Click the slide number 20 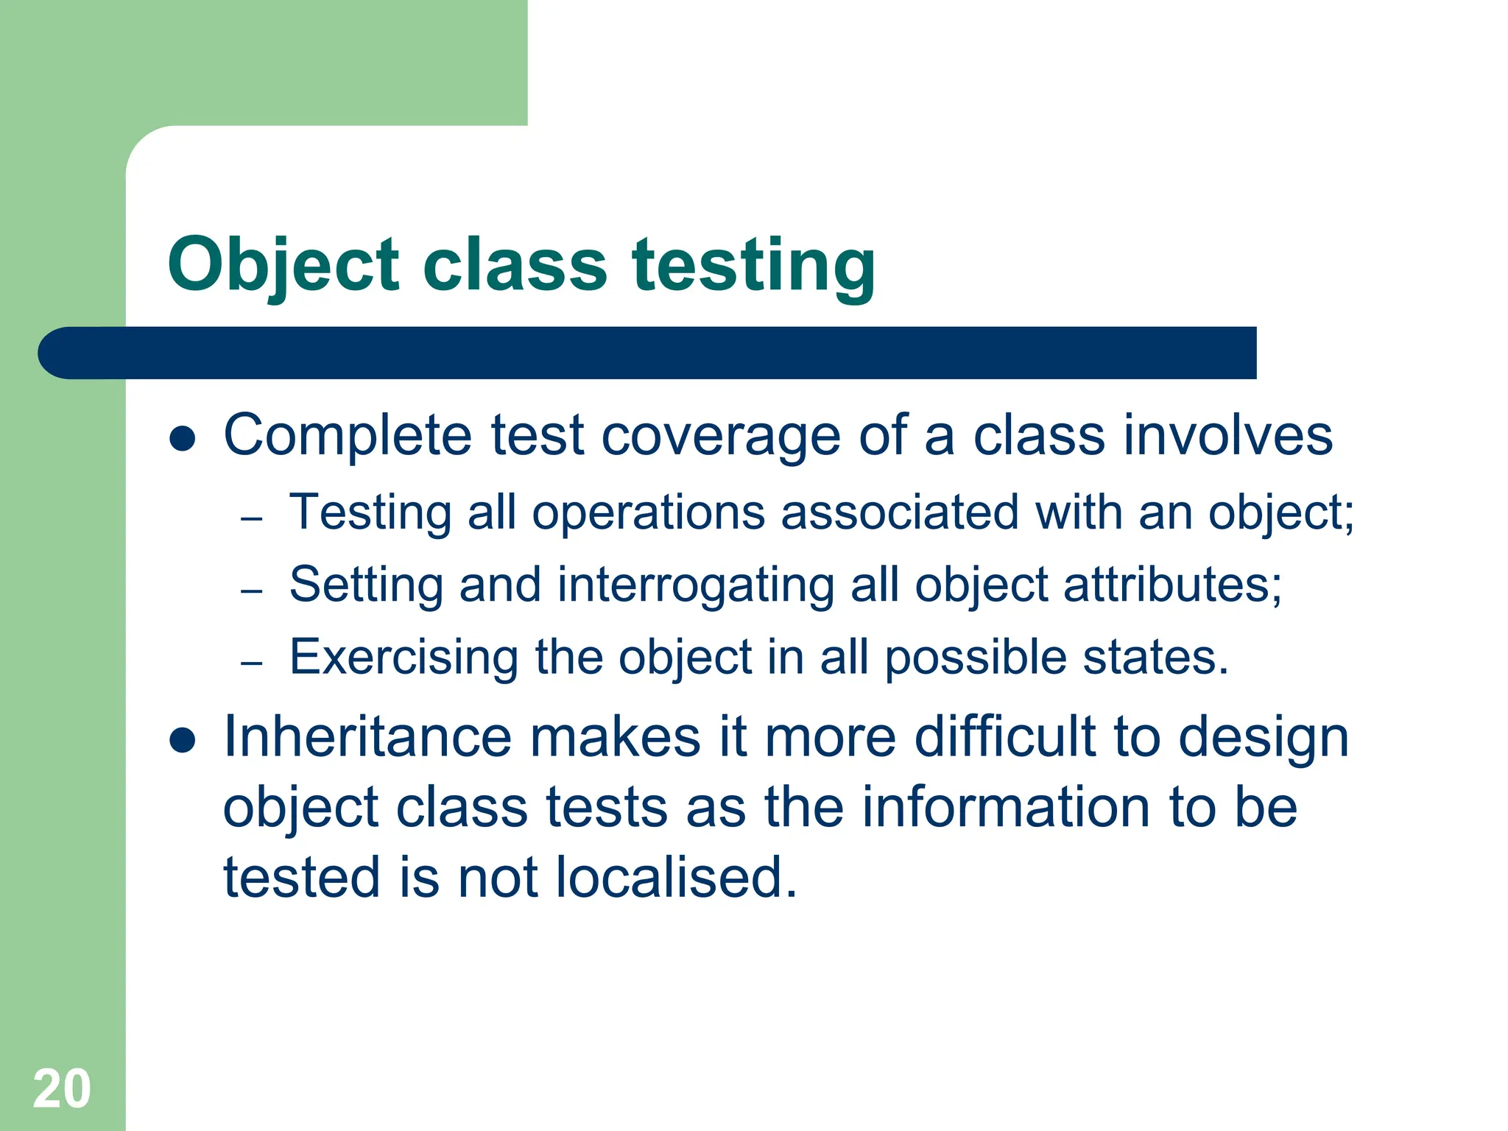(62, 1088)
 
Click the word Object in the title (283, 265)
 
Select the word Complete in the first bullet (348, 436)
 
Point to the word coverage (721, 436)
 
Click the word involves (1228, 436)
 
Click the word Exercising (404, 657)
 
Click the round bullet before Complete (182, 440)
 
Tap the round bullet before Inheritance (182, 740)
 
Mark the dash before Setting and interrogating (252, 591)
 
